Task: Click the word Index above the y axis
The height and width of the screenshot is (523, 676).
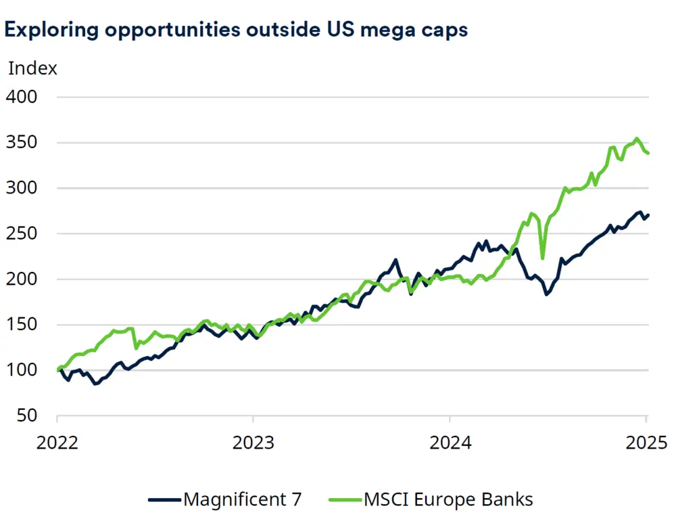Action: click(x=32, y=68)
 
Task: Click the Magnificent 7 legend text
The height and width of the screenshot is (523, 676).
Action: click(x=243, y=500)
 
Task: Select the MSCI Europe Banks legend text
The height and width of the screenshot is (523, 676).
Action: click(x=448, y=500)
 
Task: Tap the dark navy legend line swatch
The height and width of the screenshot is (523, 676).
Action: click(x=164, y=500)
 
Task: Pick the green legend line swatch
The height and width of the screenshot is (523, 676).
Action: click(x=345, y=500)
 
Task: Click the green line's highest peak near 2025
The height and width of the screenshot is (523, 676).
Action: click(x=636, y=139)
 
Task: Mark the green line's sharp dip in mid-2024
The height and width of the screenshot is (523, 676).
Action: click(x=542, y=257)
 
